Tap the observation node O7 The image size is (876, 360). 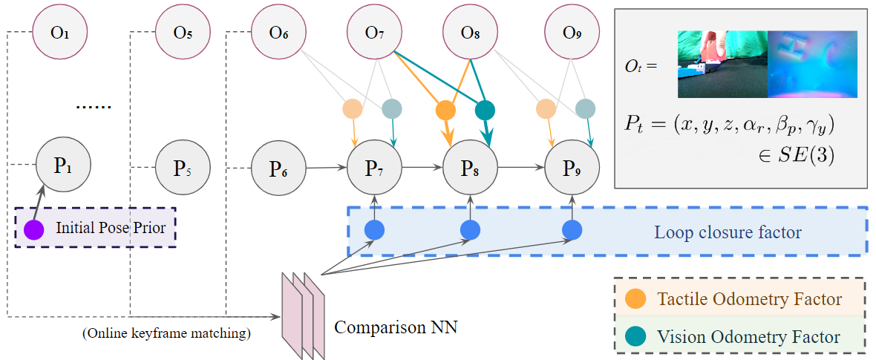coord(375,33)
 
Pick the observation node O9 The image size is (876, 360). coord(571,33)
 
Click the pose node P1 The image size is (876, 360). coord(62,165)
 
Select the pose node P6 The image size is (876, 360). coord(278,167)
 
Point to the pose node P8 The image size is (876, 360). coord(470,167)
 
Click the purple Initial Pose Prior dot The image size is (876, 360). coord(33,229)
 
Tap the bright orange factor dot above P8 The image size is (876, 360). coord(445,111)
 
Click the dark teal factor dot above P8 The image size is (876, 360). coord(485,111)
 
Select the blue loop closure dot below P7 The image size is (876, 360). coord(374,231)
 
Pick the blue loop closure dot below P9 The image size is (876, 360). coord(571,231)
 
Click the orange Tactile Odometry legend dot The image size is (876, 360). coord(635,299)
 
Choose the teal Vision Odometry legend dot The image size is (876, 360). coord(635,336)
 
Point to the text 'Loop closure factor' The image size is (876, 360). coord(728,232)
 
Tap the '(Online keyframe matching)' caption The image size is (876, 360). coord(166,333)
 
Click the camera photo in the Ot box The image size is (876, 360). coord(722,64)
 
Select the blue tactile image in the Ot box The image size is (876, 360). coord(811,64)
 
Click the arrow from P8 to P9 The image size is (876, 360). coord(520,168)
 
